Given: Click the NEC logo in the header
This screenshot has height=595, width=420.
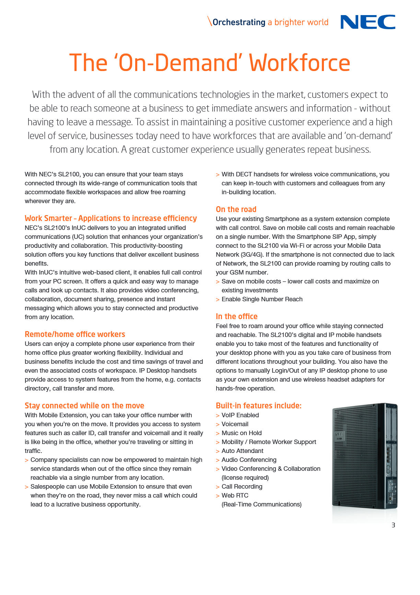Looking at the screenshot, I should (367, 22).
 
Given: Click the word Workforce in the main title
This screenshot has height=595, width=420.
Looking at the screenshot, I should (299, 63).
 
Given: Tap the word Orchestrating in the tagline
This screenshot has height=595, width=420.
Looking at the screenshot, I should (239, 22).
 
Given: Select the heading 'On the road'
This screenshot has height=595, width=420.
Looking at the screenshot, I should (236, 209).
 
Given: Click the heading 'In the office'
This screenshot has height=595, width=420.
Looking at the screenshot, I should (236, 316).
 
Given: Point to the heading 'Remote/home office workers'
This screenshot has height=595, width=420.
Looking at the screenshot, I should (75, 334).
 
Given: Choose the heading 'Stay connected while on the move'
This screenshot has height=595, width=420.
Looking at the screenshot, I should (84, 406).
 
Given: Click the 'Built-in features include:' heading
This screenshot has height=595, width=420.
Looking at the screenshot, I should (259, 406).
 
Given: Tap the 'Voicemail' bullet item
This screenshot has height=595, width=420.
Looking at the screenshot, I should (235, 424).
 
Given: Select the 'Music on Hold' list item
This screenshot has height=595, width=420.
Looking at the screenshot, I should (242, 433).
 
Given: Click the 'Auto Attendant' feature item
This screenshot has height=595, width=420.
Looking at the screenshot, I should (242, 451).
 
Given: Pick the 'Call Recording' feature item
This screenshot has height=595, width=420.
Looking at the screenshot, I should (242, 487).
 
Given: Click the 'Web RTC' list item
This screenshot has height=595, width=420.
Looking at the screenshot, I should (235, 495).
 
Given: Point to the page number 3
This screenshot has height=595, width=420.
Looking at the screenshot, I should (393, 525).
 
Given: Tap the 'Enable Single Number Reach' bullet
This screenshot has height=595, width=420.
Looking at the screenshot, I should (262, 299).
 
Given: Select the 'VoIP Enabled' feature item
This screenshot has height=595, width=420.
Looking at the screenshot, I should (240, 415).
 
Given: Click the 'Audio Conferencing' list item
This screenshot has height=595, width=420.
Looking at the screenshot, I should (249, 460).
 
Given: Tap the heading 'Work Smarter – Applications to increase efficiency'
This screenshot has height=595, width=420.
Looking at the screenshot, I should (111, 218).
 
